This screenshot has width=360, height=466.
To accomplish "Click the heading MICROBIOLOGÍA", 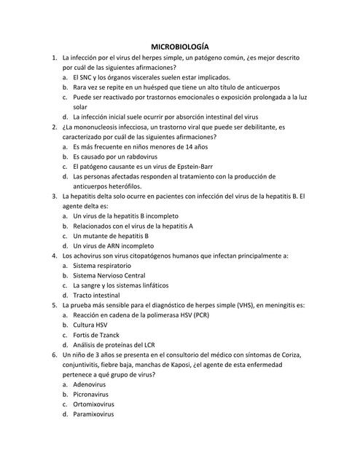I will pos(179,44).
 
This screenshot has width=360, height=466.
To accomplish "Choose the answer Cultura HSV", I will pos(91,325).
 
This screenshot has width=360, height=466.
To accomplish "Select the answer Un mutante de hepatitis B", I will pos(111,235).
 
